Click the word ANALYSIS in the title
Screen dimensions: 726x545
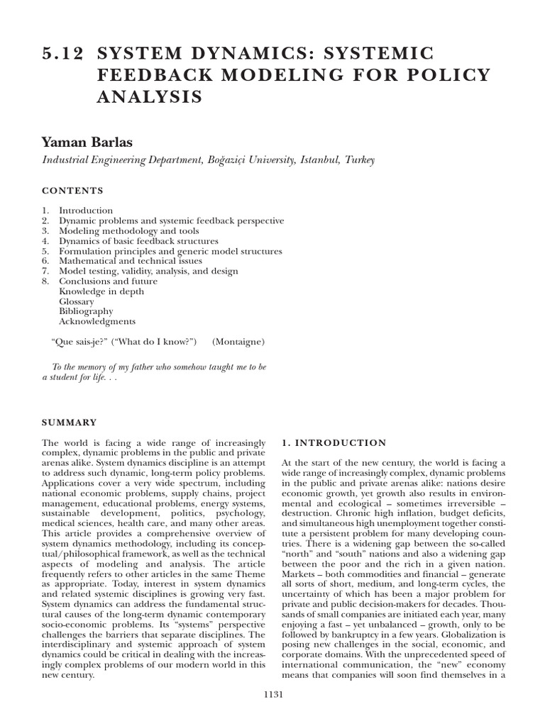pyautogui.click(x=150, y=97)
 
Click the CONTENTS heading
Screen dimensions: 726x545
pyautogui.click(x=72, y=191)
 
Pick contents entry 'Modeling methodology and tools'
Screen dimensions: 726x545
pyautogui.click(x=129, y=231)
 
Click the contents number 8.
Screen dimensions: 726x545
pyautogui.click(x=45, y=281)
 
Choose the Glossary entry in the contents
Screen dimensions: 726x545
pyautogui.click(x=77, y=301)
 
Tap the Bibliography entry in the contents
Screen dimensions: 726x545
pyautogui.click(x=86, y=311)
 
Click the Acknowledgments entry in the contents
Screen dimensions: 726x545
pyautogui.click(x=97, y=321)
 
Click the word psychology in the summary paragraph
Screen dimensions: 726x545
pyautogui.click(x=239, y=512)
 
